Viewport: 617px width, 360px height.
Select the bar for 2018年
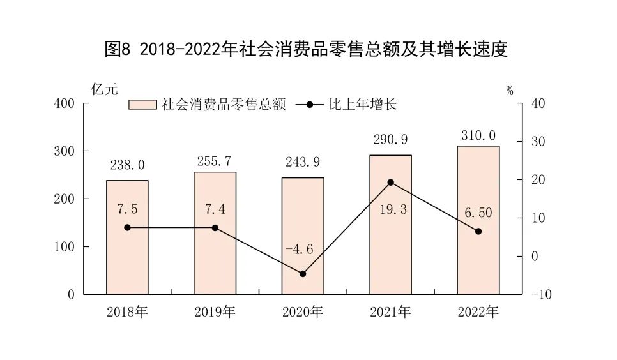(x=127, y=237)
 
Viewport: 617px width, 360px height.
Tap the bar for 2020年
(x=303, y=236)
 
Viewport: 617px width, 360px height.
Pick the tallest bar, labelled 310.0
(x=478, y=220)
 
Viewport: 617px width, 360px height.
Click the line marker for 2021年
(x=391, y=182)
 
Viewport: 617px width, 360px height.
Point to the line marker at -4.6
(x=303, y=274)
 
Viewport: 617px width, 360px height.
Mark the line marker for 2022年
(x=478, y=231)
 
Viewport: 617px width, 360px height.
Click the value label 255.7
(x=215, y=162)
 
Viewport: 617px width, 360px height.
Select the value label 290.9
(x=390, y=139)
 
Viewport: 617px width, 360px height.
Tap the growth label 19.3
(x=390, y=209)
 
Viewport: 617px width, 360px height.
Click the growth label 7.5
(x=127, y=209)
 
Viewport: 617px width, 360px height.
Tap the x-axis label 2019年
(x=215, y=313)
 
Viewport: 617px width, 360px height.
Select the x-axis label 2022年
(x=478, y=313)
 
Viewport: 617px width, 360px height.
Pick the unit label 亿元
(x=105, y=89)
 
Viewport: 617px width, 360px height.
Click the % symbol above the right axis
(x=510, y=91)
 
